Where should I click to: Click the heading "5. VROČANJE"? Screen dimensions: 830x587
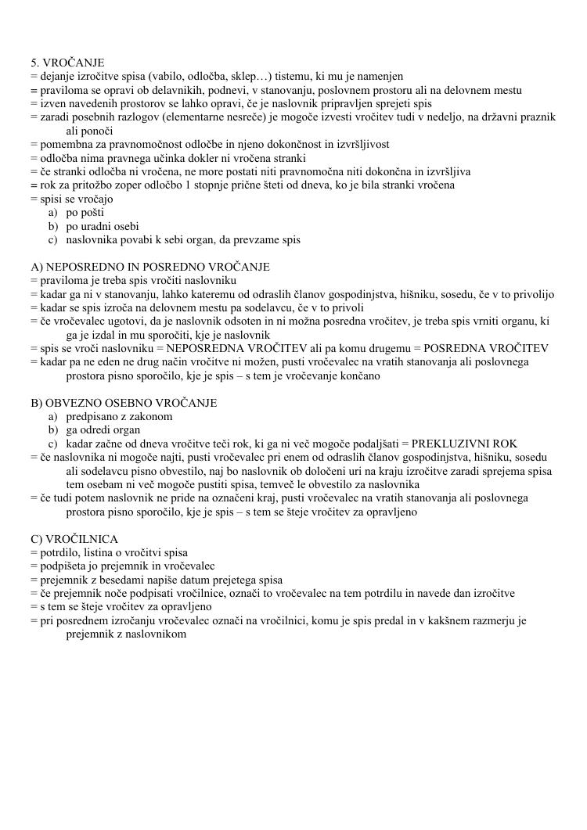click(x=67, y=63)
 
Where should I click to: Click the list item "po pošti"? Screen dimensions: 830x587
click(x=85, y=213)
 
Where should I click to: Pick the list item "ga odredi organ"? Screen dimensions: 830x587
click(x=103, y=430)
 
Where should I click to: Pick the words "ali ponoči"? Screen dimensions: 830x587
click(x=90, y=131)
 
